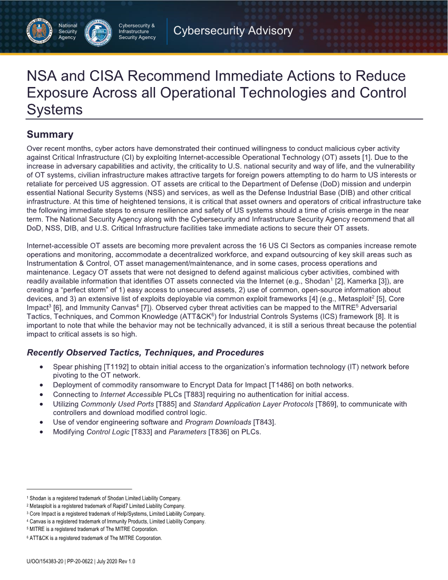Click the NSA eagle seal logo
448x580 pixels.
pyautogui.click(x=39, y=32)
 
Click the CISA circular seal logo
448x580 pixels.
pyautogui.click(x=99, y=32)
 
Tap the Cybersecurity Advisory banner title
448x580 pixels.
pyautogui.click(x=233, y=31)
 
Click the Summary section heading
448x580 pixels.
pyautogui.click(x=50, y=134)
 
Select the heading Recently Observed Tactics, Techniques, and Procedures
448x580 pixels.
pyautogui.click(x=145, y=352)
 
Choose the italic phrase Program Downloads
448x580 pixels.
pyautogui.click(x=218, y=422)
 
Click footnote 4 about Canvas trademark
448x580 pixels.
pyautogui.click(x=116, y=521)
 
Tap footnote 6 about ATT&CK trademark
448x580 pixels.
pyautogui.click(x=94, y=538)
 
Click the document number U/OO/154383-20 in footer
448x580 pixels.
pyautogui.click(x=45, y=562)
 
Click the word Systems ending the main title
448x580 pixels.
pyautogui.click(x=54, y=110)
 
